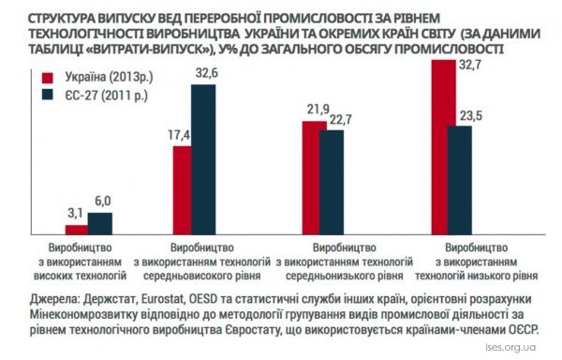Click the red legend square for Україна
click(x=48, y=78)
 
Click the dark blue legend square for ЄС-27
click(x=48, y=95)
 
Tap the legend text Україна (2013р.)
click(x=109, y=77)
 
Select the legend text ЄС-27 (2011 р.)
click(x=107, y=96)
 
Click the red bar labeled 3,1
click(x=77, y=230)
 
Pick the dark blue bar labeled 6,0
click(x=100, y=224)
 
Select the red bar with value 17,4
click(x=182, y=190)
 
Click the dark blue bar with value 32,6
click(x=203, y=159)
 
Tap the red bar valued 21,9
click(x=311, y=178)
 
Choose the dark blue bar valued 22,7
click(x=332, y=183)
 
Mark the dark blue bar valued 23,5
click(x=460, y=180)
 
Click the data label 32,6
click(x=207, y=73)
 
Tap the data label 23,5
click(x=471, y=116)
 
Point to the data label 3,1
click(x=75, y=214)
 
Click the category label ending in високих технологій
click(x=80, y=262)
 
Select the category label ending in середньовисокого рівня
click(x=201, y=262)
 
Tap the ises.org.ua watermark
click(x=510, y=348)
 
